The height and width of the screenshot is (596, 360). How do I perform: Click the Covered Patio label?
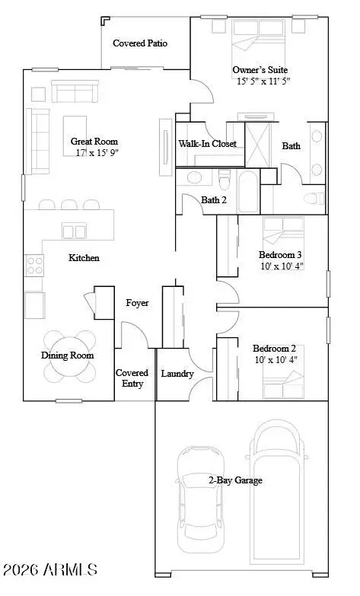pyautogui.click(x=140, y=43)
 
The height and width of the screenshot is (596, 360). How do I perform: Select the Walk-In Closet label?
pyautogui.click(x=207, y=143)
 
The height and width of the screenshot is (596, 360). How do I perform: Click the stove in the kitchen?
pyautogui.click(x=34, y=264)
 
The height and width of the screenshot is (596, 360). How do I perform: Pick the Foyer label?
pyautogui.click(x=137, y=303)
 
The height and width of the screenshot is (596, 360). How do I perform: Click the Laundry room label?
pyautogui.click(x=177, y=374)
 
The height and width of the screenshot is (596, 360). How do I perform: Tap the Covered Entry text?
pyautogui.click(x=132, y=378)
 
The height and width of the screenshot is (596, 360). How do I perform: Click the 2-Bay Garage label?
pyautogui.click(x=235, y=480)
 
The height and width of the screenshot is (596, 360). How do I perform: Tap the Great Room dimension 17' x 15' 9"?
pyautogui.click(x=97, y=153)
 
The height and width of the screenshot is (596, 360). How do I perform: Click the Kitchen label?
pyautogui.click(x=84, y=258)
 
